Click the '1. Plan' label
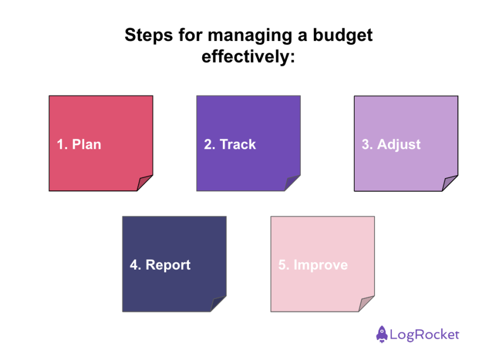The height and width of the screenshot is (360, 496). (x=79, y=145)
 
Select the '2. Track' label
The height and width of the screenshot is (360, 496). (x=230, y=145)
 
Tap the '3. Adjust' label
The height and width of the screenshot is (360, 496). (x=391, y=145)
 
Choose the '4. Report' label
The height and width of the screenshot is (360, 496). (x=160, y=265)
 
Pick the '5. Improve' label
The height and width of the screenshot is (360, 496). (x=313, y=265)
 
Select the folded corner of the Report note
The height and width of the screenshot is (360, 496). (x=219, y=305)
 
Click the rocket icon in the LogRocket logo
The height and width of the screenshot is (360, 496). (x=381, y=334)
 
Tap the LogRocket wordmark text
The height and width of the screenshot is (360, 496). (x=425, y=334)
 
